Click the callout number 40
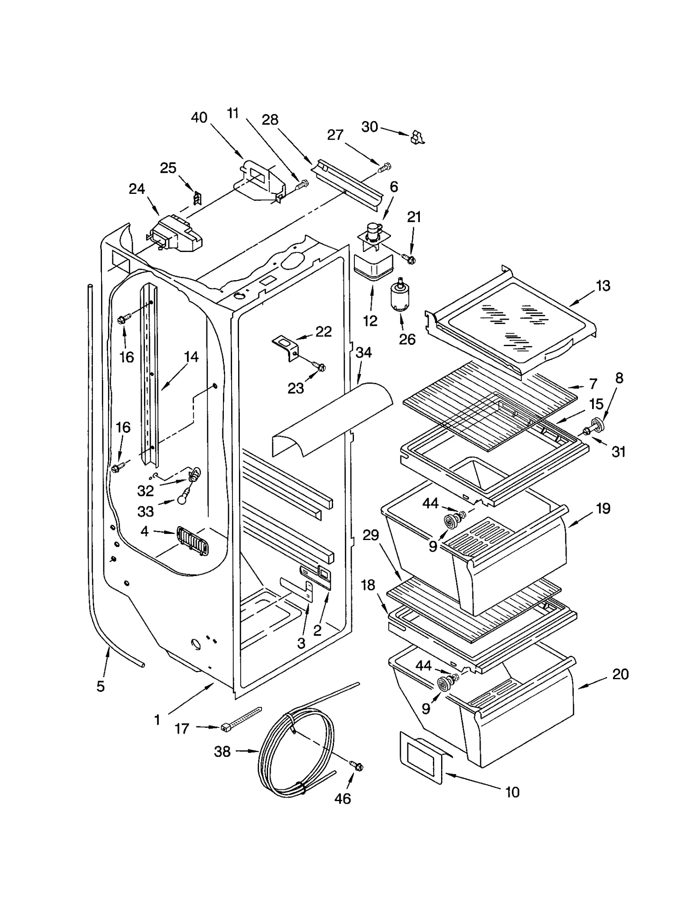[199, 118]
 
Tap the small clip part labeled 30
[417, 137]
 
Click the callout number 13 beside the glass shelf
[602, 285]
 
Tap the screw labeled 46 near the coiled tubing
[357, 766]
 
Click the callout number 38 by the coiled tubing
[222, 751]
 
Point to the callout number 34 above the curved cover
[363, 353]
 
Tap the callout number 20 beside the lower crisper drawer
[620, 674]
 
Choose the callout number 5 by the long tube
[100, 686]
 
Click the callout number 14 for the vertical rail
[191, 357]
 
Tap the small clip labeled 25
[197, 198]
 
